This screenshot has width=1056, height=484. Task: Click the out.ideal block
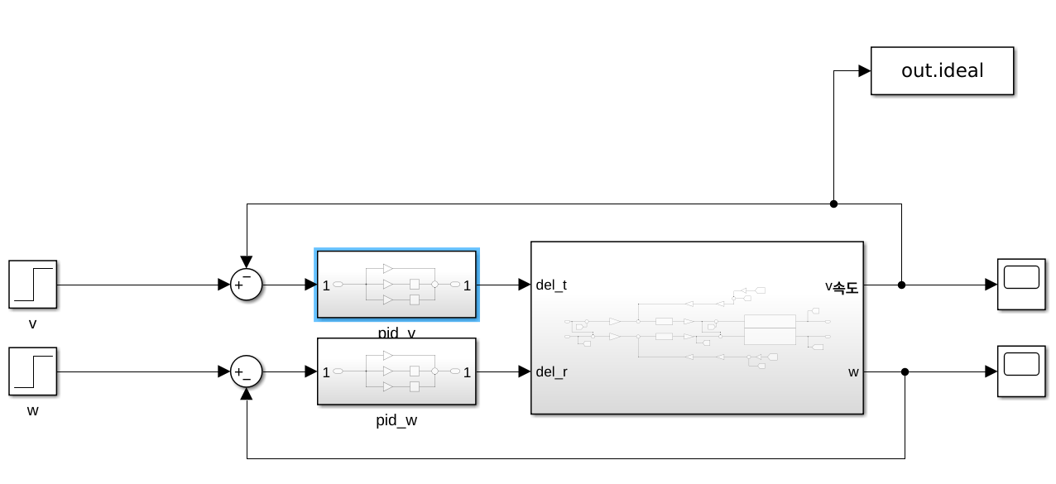point(942,71)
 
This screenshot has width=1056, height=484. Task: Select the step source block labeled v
point(32,285)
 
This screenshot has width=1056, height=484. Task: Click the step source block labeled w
point(32,371)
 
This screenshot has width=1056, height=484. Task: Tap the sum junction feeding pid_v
point(246,285)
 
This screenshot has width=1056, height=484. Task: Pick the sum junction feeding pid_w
point(246,371)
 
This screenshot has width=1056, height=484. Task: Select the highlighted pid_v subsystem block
point(396,285)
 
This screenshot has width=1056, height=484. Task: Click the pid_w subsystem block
point(396,371)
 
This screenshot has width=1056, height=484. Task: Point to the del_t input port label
point(551,285)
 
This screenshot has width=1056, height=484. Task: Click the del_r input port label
point(551,372)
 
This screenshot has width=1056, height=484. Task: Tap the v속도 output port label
point(842,286)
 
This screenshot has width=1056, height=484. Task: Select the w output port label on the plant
point(853,372)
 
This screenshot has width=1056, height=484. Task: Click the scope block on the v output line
point(1021,285)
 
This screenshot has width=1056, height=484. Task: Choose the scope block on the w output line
point(1021,371)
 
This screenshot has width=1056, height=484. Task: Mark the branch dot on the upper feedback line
point(833,204)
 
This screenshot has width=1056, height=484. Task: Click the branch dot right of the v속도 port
point(901,285)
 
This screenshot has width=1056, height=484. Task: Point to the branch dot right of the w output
point(905,371)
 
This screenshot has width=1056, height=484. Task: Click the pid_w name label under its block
point(396,420)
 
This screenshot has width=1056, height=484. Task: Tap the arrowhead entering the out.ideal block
point(865,71)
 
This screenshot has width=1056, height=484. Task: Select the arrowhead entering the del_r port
point(525,371)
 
